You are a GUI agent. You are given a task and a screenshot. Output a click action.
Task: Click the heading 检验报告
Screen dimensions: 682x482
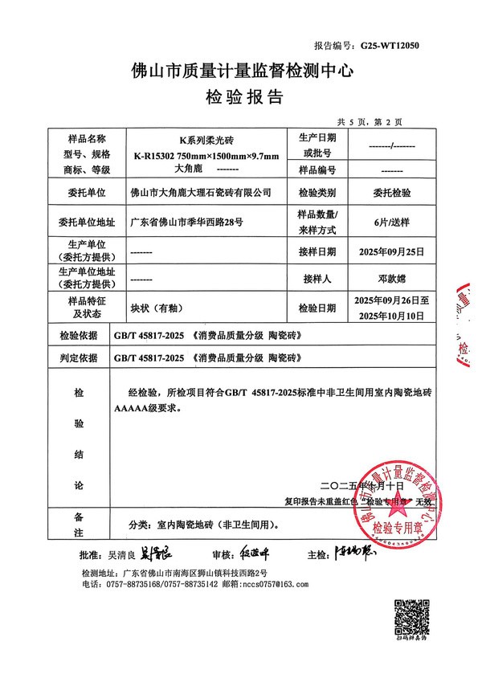coord(242,98)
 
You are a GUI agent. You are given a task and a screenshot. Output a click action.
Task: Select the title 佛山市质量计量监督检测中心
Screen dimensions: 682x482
coord(242,71)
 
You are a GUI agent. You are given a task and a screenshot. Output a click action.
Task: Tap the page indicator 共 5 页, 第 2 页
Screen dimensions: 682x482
coord(370,121)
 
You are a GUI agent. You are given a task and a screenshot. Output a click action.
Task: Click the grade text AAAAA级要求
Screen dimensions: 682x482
coord(149,407)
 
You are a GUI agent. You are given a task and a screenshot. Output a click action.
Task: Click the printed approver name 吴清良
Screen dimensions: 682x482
coord(121,555)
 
